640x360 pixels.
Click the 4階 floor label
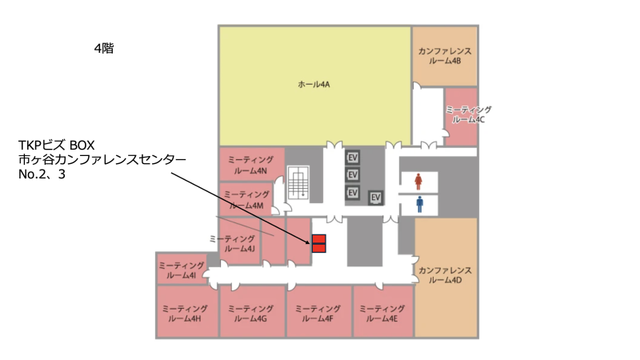pyautogui.click(x=104, y=49)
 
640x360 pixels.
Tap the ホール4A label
pyautogui.click(x=314, y=85)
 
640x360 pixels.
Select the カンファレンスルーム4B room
pyautogui.click(x=445, y=56)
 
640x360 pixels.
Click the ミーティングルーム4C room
pyautogui.click(x=462, y=116)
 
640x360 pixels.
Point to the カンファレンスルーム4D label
pyautogui.click(x=445, y=275)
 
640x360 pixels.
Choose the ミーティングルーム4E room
pyautogui.click(x=383, y=311)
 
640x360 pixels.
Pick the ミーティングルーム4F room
pyautogui.click(x=318, y=311)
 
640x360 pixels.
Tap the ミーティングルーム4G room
pyautogui.click(x=252, y=311)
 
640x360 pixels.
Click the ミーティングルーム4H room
pyautogui.click(x=187, y=311)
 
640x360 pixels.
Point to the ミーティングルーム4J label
pyautogui.click(x=233, y=243)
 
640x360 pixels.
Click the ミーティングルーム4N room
pyautogui.click(x=251, y=164)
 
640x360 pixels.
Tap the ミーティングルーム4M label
pyautogui.click(x=246, y=200)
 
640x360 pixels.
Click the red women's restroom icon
pyautogui.click(x=418, y=182)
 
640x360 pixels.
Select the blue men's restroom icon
pyautogui.click(x=419, y=205)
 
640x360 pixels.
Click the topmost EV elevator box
pyautogui.click(x=353, y=157)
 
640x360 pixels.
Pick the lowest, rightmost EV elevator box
pyautogui.click(x=375, y=198)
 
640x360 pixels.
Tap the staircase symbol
pyautogui.click(x=298, y=182)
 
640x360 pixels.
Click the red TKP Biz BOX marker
pyautogui.click(x=318, y=244)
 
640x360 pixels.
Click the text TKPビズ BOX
pyautogui.click(x=56, y=145)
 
